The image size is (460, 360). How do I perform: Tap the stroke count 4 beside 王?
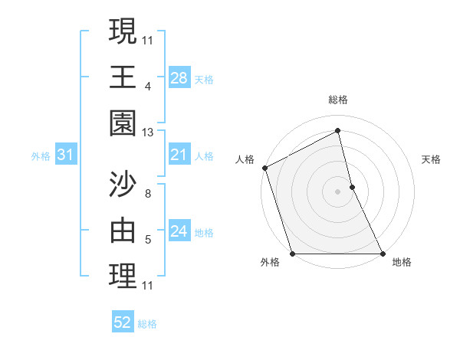147,87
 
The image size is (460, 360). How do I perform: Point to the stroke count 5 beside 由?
147,240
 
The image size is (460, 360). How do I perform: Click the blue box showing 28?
179,78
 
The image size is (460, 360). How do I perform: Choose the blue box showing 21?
179,155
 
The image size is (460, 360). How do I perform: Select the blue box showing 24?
179,231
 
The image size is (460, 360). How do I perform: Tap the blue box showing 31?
66,155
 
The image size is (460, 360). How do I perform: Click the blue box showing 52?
123,322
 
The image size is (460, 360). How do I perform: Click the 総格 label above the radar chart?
337,100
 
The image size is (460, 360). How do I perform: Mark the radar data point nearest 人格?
264,168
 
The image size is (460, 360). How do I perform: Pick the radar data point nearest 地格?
383,254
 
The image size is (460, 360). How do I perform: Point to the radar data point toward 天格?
352,187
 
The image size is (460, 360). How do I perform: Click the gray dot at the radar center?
337,191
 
